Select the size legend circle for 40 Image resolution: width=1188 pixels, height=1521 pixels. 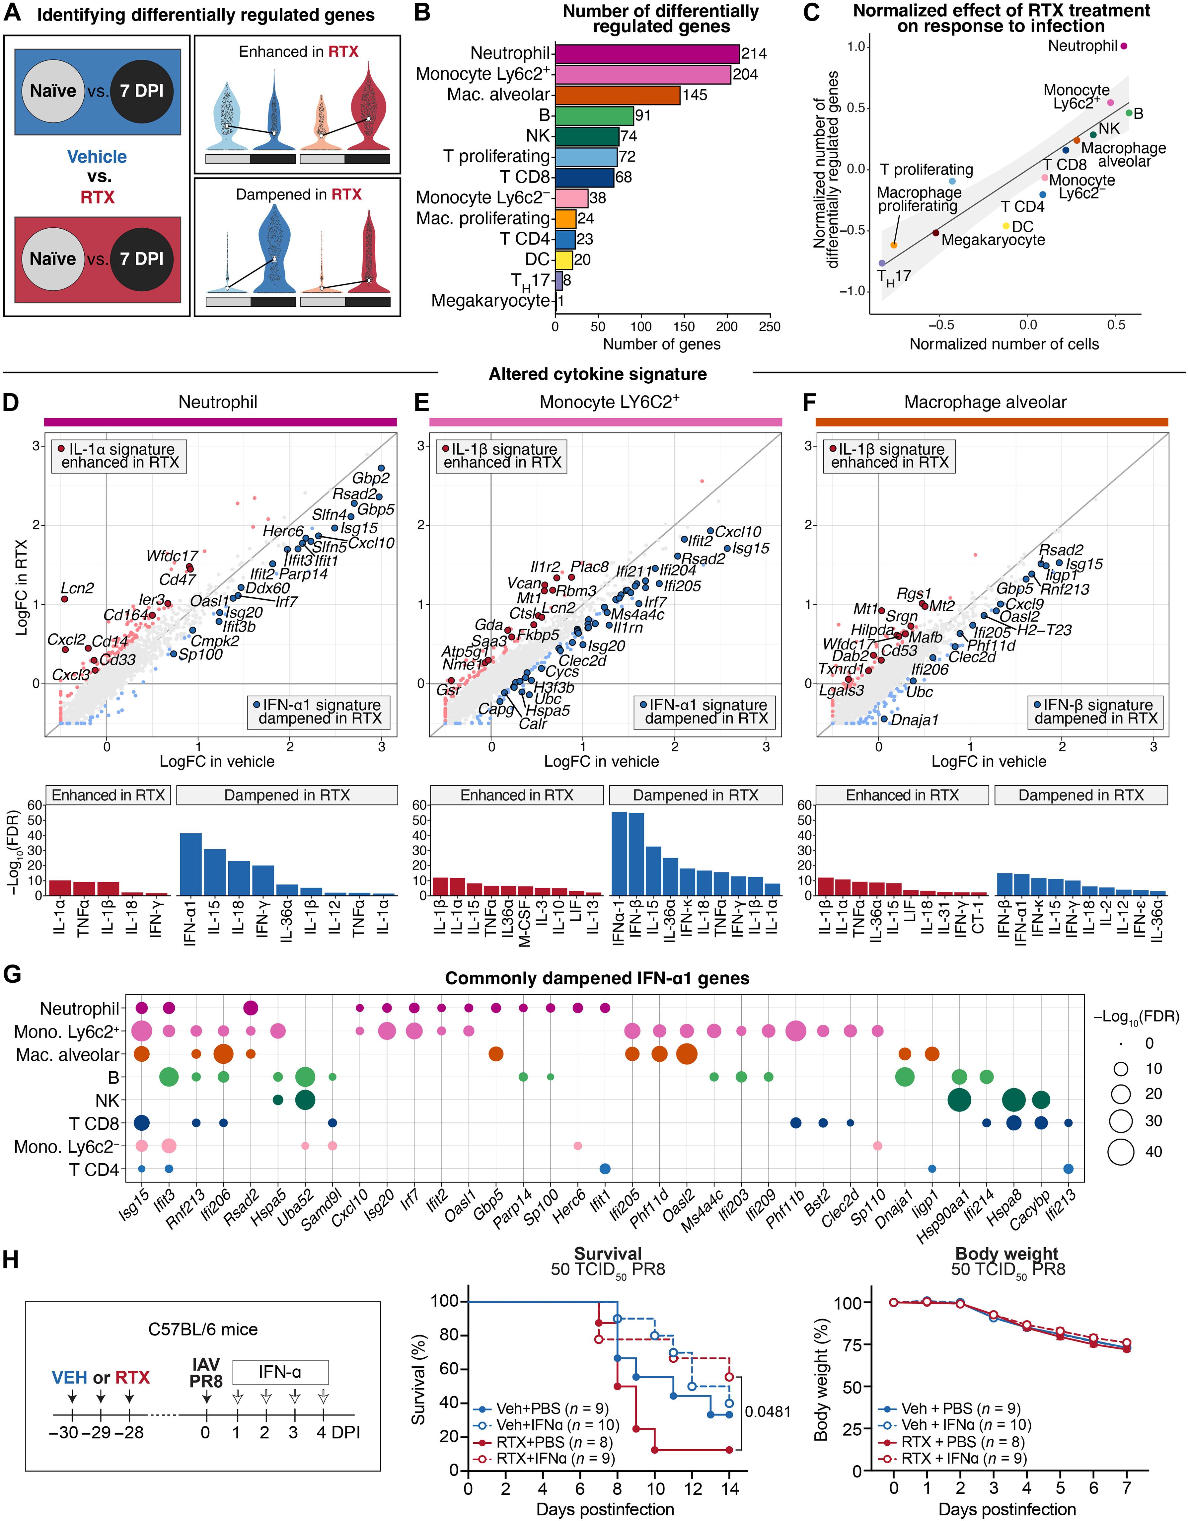[1121, 1152]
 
